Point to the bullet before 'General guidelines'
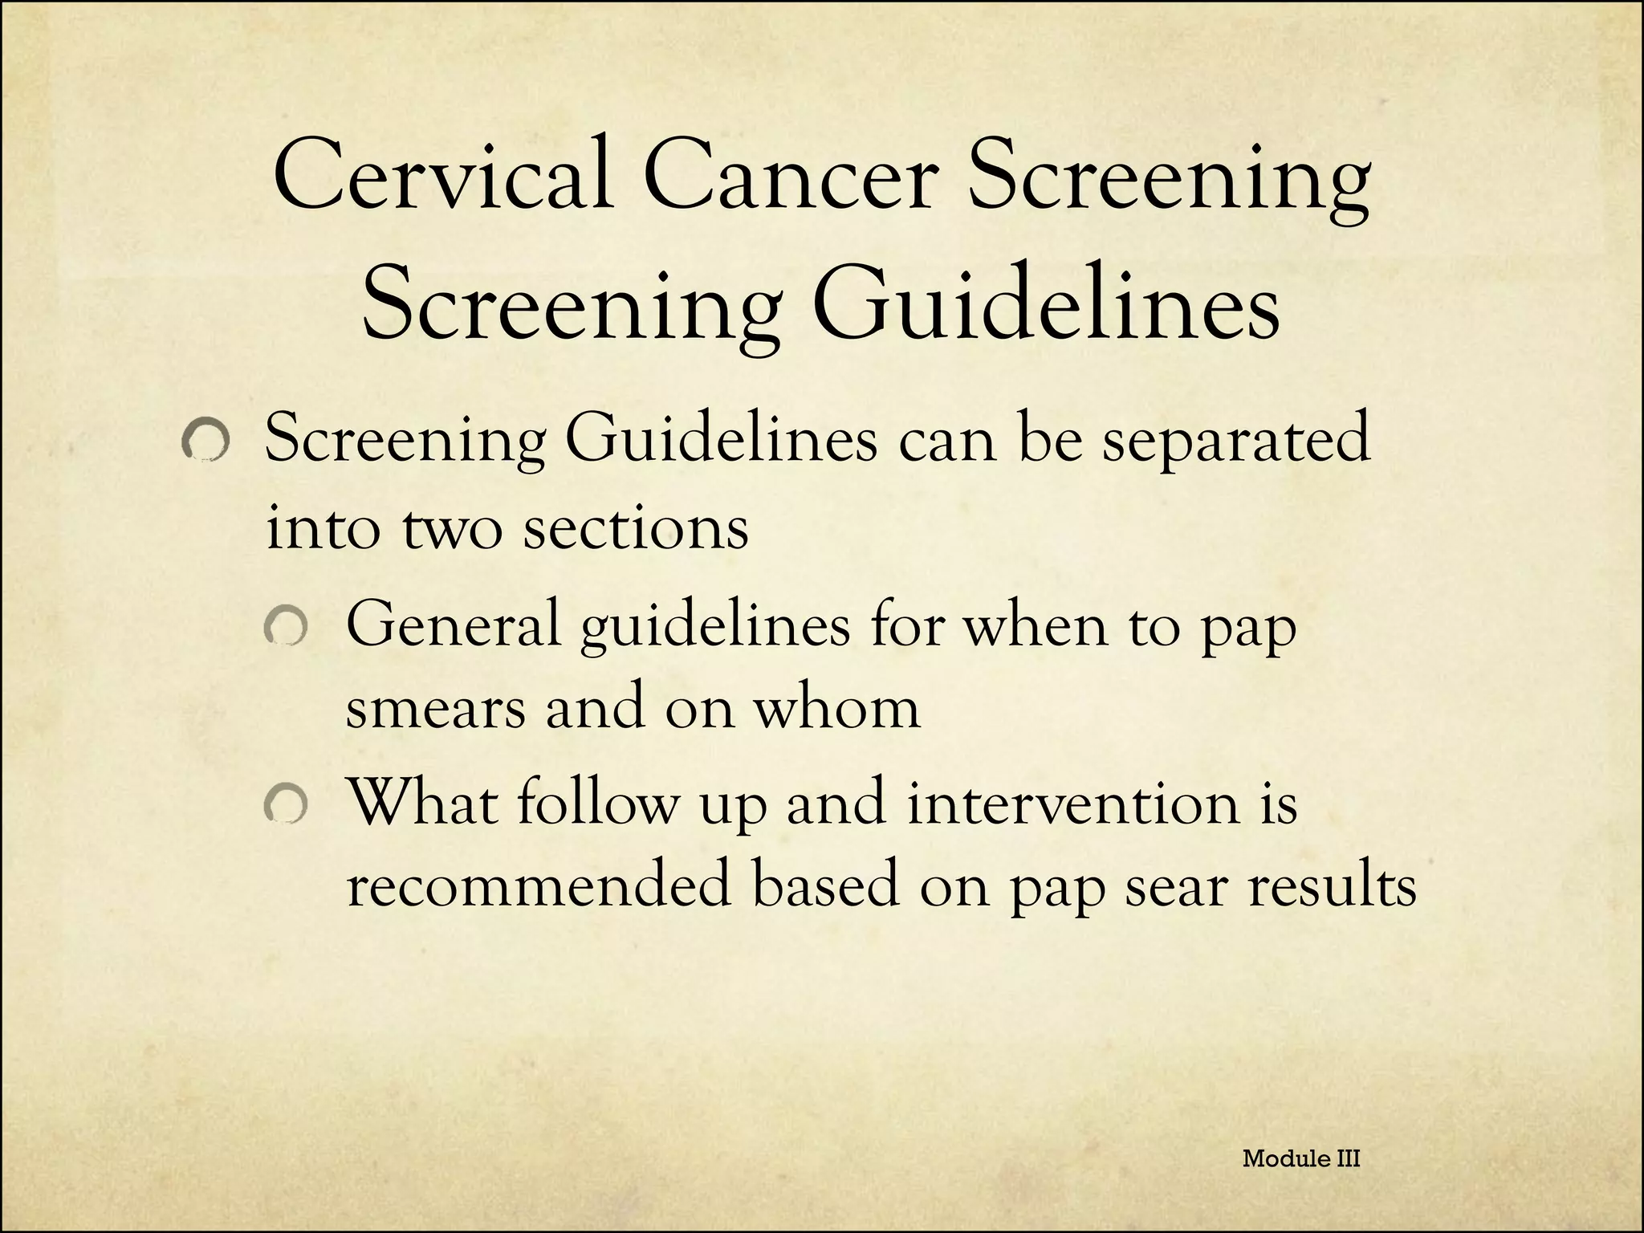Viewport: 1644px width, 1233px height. (286, 628)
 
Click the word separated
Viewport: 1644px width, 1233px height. (1235, 442)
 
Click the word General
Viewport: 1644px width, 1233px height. (453, 625)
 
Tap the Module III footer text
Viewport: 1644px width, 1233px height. (1300, 1158)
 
